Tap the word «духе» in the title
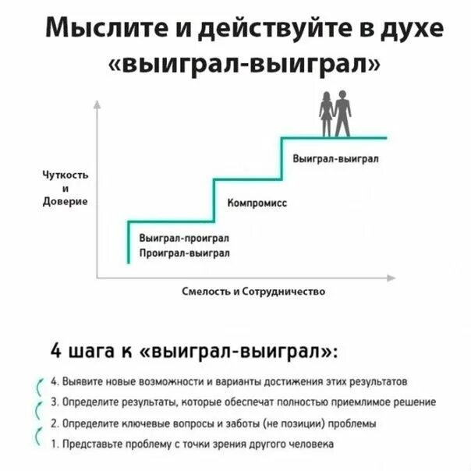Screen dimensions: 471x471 [x=411, y=30]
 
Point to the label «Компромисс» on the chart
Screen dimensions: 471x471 [x=256, y=202]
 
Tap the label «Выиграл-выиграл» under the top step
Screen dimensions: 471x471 [x=335, y=158]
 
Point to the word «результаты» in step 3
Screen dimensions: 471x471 [x=133, y=402]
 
